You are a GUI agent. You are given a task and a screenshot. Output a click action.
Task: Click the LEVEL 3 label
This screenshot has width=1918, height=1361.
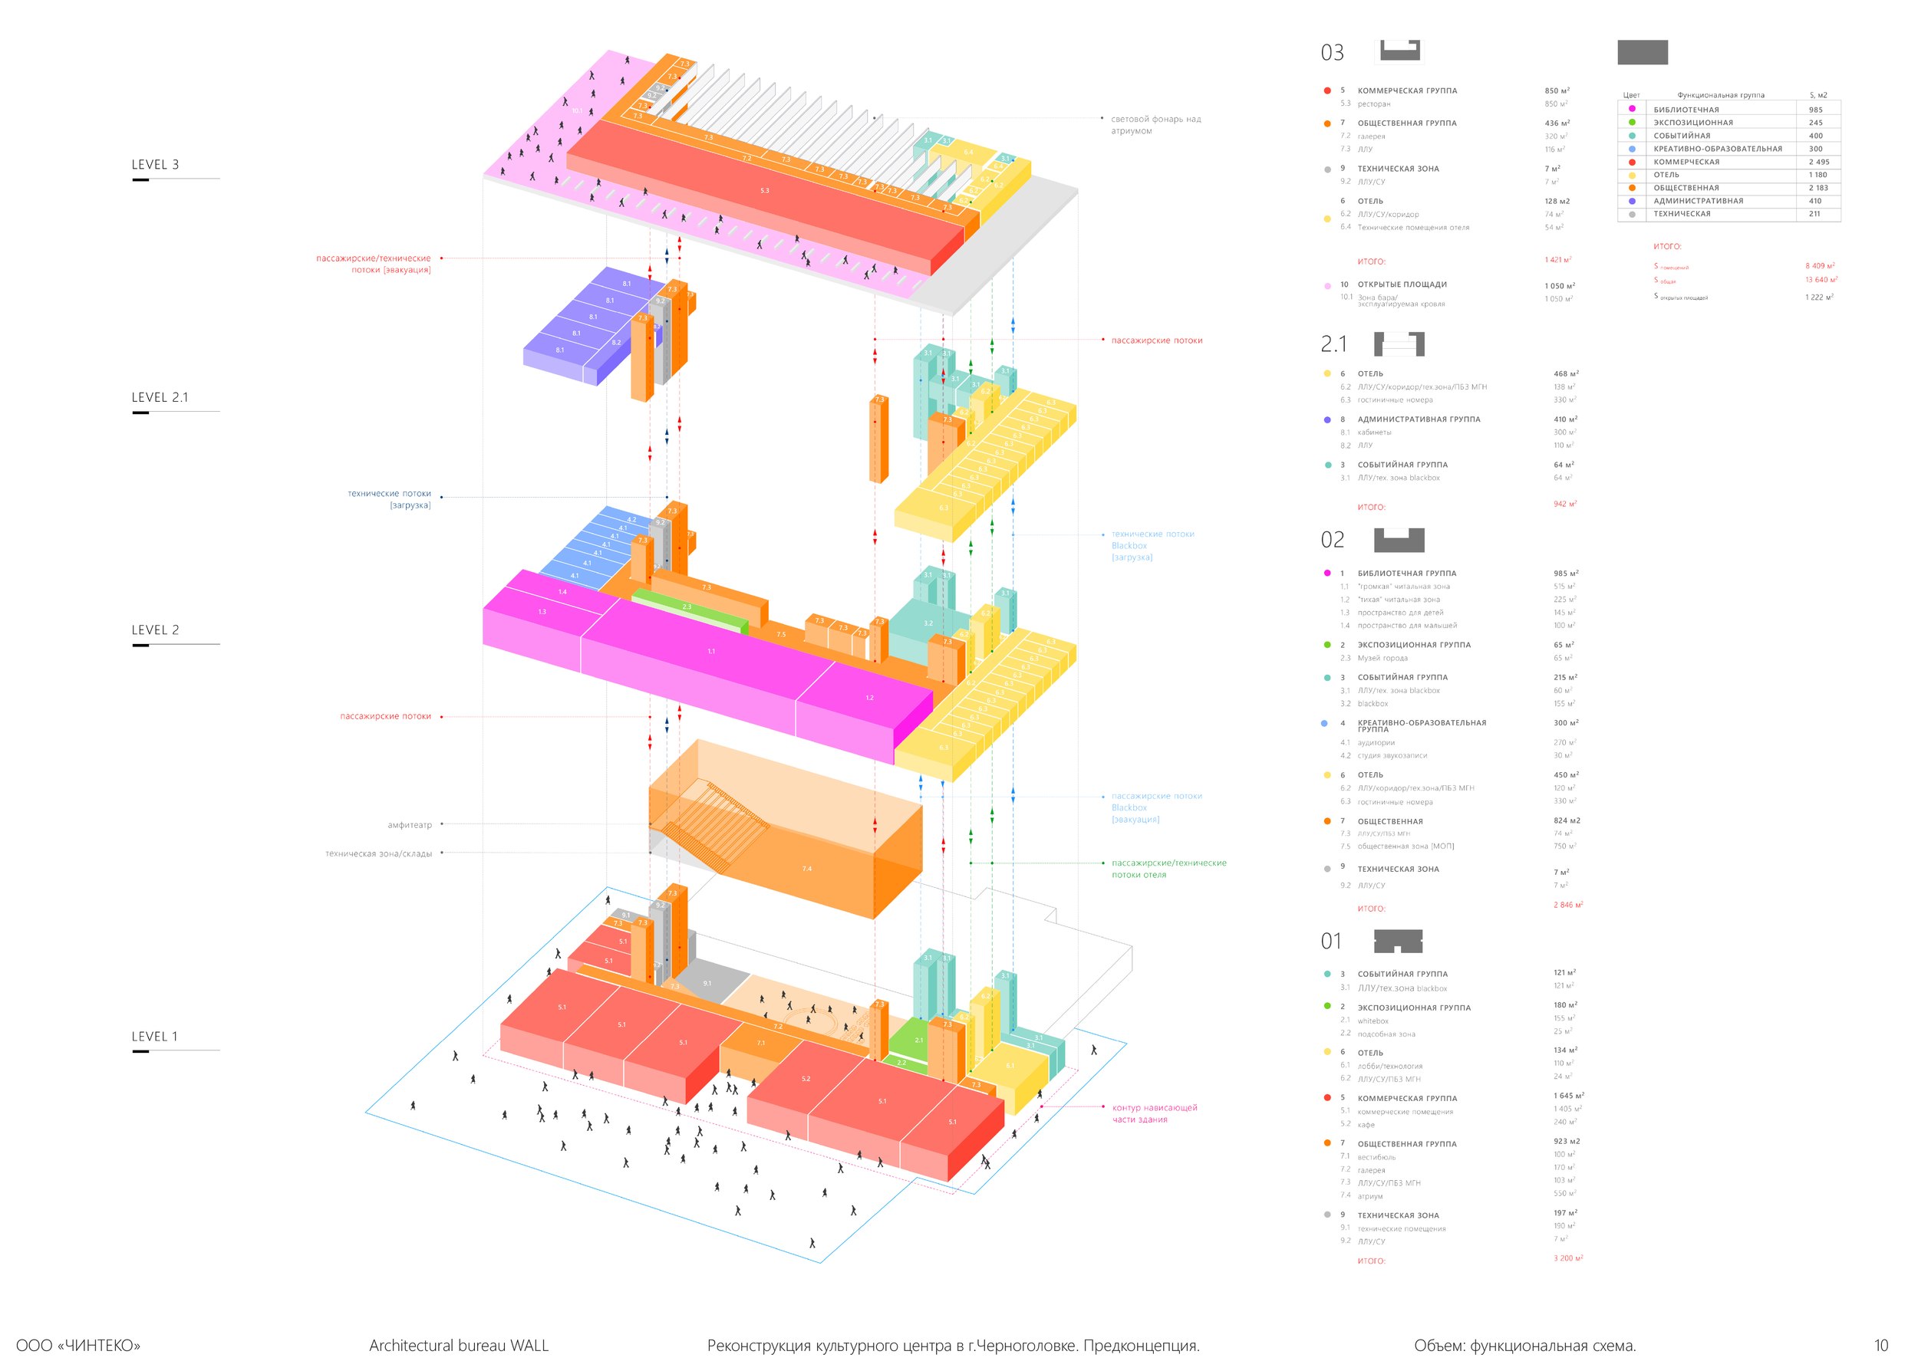pos(155,164)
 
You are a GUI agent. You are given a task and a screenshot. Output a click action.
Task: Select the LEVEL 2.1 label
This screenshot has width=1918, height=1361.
pos(160,397)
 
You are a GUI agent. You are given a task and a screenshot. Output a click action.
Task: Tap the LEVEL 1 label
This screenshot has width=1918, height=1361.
pos(154,1037)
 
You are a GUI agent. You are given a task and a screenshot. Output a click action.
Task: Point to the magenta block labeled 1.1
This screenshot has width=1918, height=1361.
pos(711,651)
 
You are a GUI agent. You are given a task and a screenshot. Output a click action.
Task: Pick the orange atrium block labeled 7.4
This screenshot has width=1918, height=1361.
pos(806,869)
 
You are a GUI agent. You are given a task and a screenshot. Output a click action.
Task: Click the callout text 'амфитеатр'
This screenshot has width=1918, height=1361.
pos(409,824)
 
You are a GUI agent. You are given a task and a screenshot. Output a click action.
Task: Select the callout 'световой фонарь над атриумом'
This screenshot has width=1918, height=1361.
pos(1155,125)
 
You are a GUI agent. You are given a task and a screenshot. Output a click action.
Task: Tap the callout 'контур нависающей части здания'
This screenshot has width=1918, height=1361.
pos(1155,1114)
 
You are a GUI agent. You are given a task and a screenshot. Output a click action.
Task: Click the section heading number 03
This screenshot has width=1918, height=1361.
pos(1332,53)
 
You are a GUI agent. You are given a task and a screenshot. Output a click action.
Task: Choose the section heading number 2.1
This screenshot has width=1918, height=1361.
pos(1333,344)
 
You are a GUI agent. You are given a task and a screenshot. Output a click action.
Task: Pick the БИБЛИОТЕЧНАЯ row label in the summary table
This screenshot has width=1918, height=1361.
pos(1686,110)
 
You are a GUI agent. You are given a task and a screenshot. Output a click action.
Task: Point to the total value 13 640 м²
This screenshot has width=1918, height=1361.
pos(1821,280)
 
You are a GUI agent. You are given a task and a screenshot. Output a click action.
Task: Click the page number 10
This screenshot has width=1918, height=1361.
pos(1881,1345)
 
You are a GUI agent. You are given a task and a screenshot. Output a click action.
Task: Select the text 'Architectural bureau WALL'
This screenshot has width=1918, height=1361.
pos(459,1345)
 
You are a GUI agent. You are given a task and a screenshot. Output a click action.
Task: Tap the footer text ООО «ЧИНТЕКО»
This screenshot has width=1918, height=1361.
pos(78,1345)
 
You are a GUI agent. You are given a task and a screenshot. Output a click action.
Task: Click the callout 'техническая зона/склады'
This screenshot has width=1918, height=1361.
pos(378,853)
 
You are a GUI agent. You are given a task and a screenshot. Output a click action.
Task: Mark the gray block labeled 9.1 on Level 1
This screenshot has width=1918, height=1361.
pos(707,983)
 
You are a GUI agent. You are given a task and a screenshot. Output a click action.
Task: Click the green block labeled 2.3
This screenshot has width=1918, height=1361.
pos(687,607)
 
